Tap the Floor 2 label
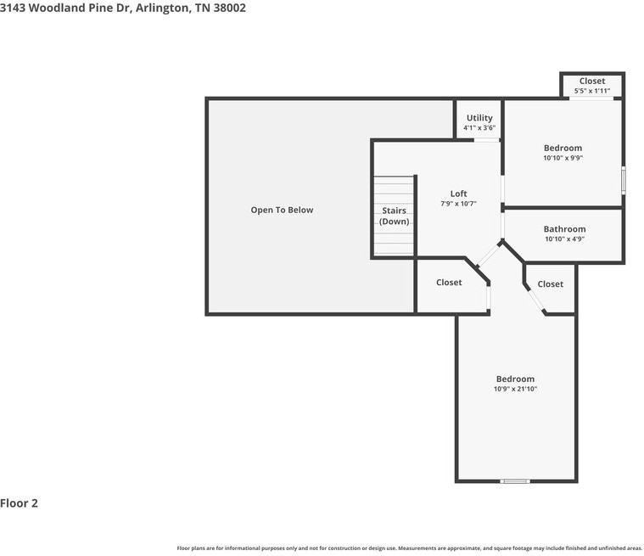20,503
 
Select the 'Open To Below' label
282,210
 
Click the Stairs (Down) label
394,216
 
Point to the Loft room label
458,194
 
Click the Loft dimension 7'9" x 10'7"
458,204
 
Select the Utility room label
479,118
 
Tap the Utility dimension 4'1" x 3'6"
479,128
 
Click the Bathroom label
564,229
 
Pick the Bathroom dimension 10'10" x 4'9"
564,239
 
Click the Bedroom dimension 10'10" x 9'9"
563,158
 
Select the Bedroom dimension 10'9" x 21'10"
515,389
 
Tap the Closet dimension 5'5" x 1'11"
592,90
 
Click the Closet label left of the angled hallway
449,282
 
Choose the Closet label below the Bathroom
550,284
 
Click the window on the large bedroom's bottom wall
515,481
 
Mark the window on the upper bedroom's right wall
623,180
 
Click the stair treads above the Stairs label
394,188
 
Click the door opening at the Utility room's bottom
486,140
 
